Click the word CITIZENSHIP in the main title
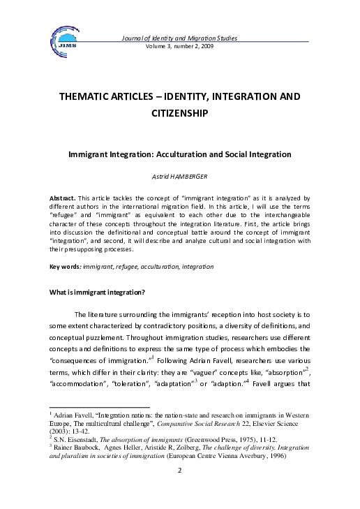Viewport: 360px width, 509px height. tap(180, 112)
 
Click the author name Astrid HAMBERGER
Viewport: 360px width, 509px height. tap(180, 177)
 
